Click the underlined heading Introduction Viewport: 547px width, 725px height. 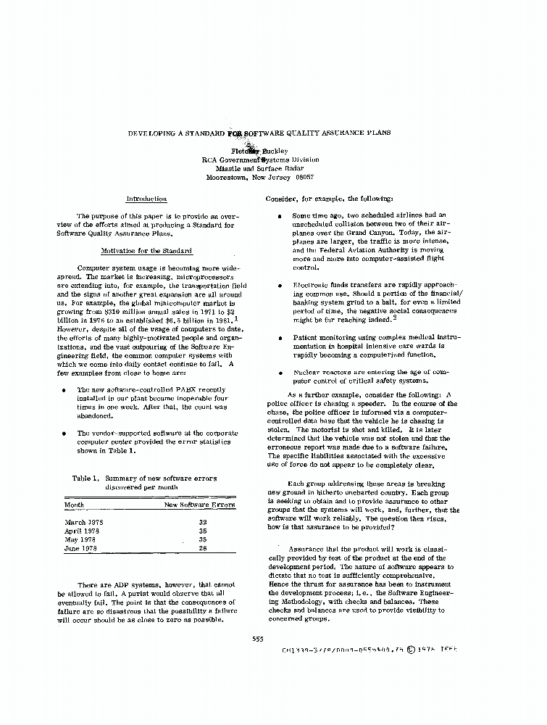tap(146, 199)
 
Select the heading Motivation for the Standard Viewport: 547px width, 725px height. tap(146, 251)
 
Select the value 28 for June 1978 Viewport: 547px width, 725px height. tap(203, 548)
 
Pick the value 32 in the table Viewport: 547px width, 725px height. tap(203, 522)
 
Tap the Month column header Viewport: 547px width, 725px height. tap(74, 505)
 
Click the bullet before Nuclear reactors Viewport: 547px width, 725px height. tap(280, 372)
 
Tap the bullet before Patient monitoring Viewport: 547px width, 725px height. tap(280, 338)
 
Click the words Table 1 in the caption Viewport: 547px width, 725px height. tap(85, 478)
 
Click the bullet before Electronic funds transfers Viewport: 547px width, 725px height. tap(280, 286)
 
